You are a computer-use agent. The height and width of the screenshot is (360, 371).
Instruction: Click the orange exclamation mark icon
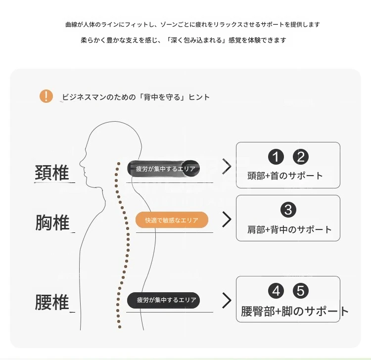coord(46,96)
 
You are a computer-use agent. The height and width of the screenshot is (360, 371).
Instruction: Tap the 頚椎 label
coord(52,173)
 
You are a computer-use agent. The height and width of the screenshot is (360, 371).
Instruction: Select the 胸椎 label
coord(52,223)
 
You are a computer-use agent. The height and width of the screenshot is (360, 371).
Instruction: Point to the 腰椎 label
coord(52,302)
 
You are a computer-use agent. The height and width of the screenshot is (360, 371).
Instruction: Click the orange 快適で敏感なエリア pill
coord(172,220)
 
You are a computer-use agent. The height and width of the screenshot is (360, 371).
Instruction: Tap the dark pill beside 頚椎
coord(164,169)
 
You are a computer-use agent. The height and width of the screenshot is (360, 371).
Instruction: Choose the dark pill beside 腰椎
coord(164,300)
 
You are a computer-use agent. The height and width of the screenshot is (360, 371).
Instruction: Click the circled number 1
coord(276,157)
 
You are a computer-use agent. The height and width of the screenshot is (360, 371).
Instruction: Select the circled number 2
coord(301,157)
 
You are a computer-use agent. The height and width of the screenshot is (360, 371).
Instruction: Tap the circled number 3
coord(288,210)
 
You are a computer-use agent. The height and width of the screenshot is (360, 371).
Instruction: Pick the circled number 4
coord(276,291)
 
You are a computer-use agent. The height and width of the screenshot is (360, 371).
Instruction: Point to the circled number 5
coord(301,291)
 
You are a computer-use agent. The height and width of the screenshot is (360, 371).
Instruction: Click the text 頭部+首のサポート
coord(285,176)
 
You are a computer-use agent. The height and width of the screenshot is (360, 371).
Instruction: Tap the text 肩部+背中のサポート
coord(289,229)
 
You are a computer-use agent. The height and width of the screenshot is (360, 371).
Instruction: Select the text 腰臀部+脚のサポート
coord(295,311)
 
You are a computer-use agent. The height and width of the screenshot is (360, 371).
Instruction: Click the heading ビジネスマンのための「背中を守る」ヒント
coord(136,97)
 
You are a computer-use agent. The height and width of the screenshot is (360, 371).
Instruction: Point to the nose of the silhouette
coord(81,163)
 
